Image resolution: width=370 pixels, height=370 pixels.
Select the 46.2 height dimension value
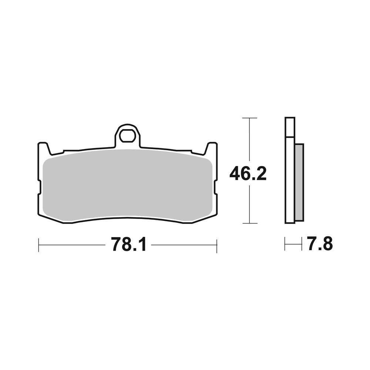(248, 173)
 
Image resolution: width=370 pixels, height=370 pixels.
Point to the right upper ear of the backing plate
(212, 148)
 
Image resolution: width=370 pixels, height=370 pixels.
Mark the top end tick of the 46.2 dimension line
(250, 118)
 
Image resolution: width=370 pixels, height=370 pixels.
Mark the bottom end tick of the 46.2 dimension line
(250, 223)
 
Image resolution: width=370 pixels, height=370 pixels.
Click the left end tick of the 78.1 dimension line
(39, 245)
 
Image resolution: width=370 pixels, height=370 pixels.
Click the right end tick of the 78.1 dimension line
(216, 245)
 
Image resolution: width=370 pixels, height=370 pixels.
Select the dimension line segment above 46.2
(250, 141)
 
